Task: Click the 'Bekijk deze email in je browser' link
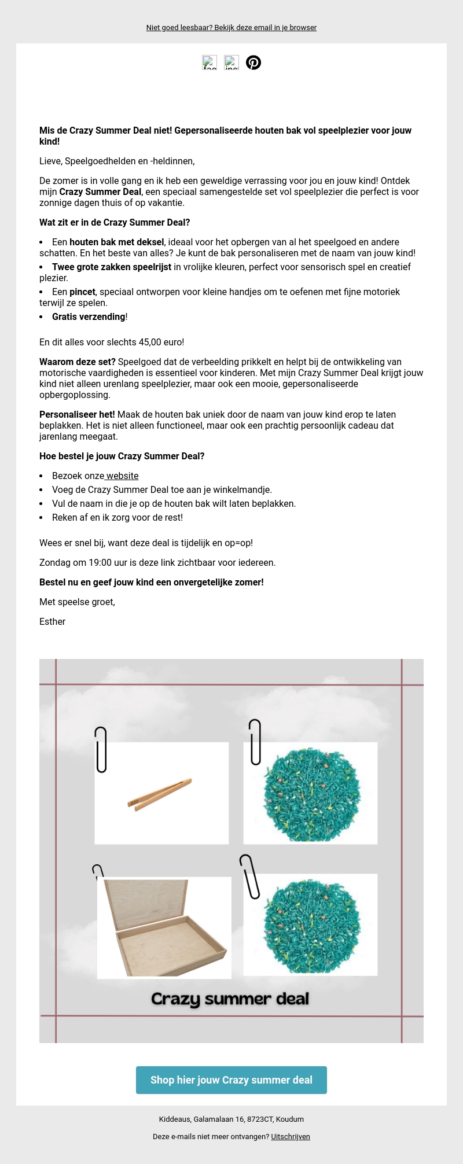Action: click(265, 28)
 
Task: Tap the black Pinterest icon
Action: click(253, 62)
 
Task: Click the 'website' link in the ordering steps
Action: click(122, 476)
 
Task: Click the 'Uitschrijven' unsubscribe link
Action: click(291, 1136)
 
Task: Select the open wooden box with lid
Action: click(164, 927)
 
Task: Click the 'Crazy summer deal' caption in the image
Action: click(230, 999)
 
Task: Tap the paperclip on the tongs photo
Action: click(101, 749)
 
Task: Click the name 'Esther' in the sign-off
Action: click(53, 622)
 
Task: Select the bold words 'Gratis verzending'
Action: click(89, 317)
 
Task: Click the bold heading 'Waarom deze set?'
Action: click(78, 362)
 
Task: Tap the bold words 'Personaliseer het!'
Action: click(77, 415)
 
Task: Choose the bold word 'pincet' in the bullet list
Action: click(82, 292)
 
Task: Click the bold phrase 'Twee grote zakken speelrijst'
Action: click(112, 267)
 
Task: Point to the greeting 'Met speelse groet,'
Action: click(78, 602)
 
